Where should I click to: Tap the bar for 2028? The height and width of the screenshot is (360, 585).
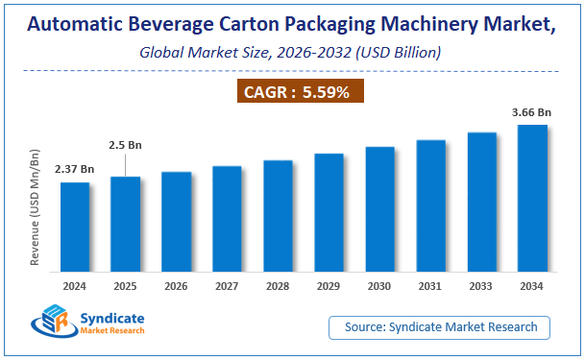(278, 216)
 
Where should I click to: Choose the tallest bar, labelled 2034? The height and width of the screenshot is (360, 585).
(532, 199)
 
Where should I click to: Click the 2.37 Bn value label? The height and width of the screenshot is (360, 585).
(74, 169)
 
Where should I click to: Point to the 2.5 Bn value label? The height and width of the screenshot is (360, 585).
(125, 146)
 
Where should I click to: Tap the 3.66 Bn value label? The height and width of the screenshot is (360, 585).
(531, 111)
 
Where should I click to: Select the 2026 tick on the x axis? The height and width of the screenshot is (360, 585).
(176, 285)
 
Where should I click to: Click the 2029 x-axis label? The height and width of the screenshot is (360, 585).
(329, 285)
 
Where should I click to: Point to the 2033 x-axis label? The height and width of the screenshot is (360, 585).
(481, 285)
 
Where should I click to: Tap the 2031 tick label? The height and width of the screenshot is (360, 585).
(430, 285)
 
